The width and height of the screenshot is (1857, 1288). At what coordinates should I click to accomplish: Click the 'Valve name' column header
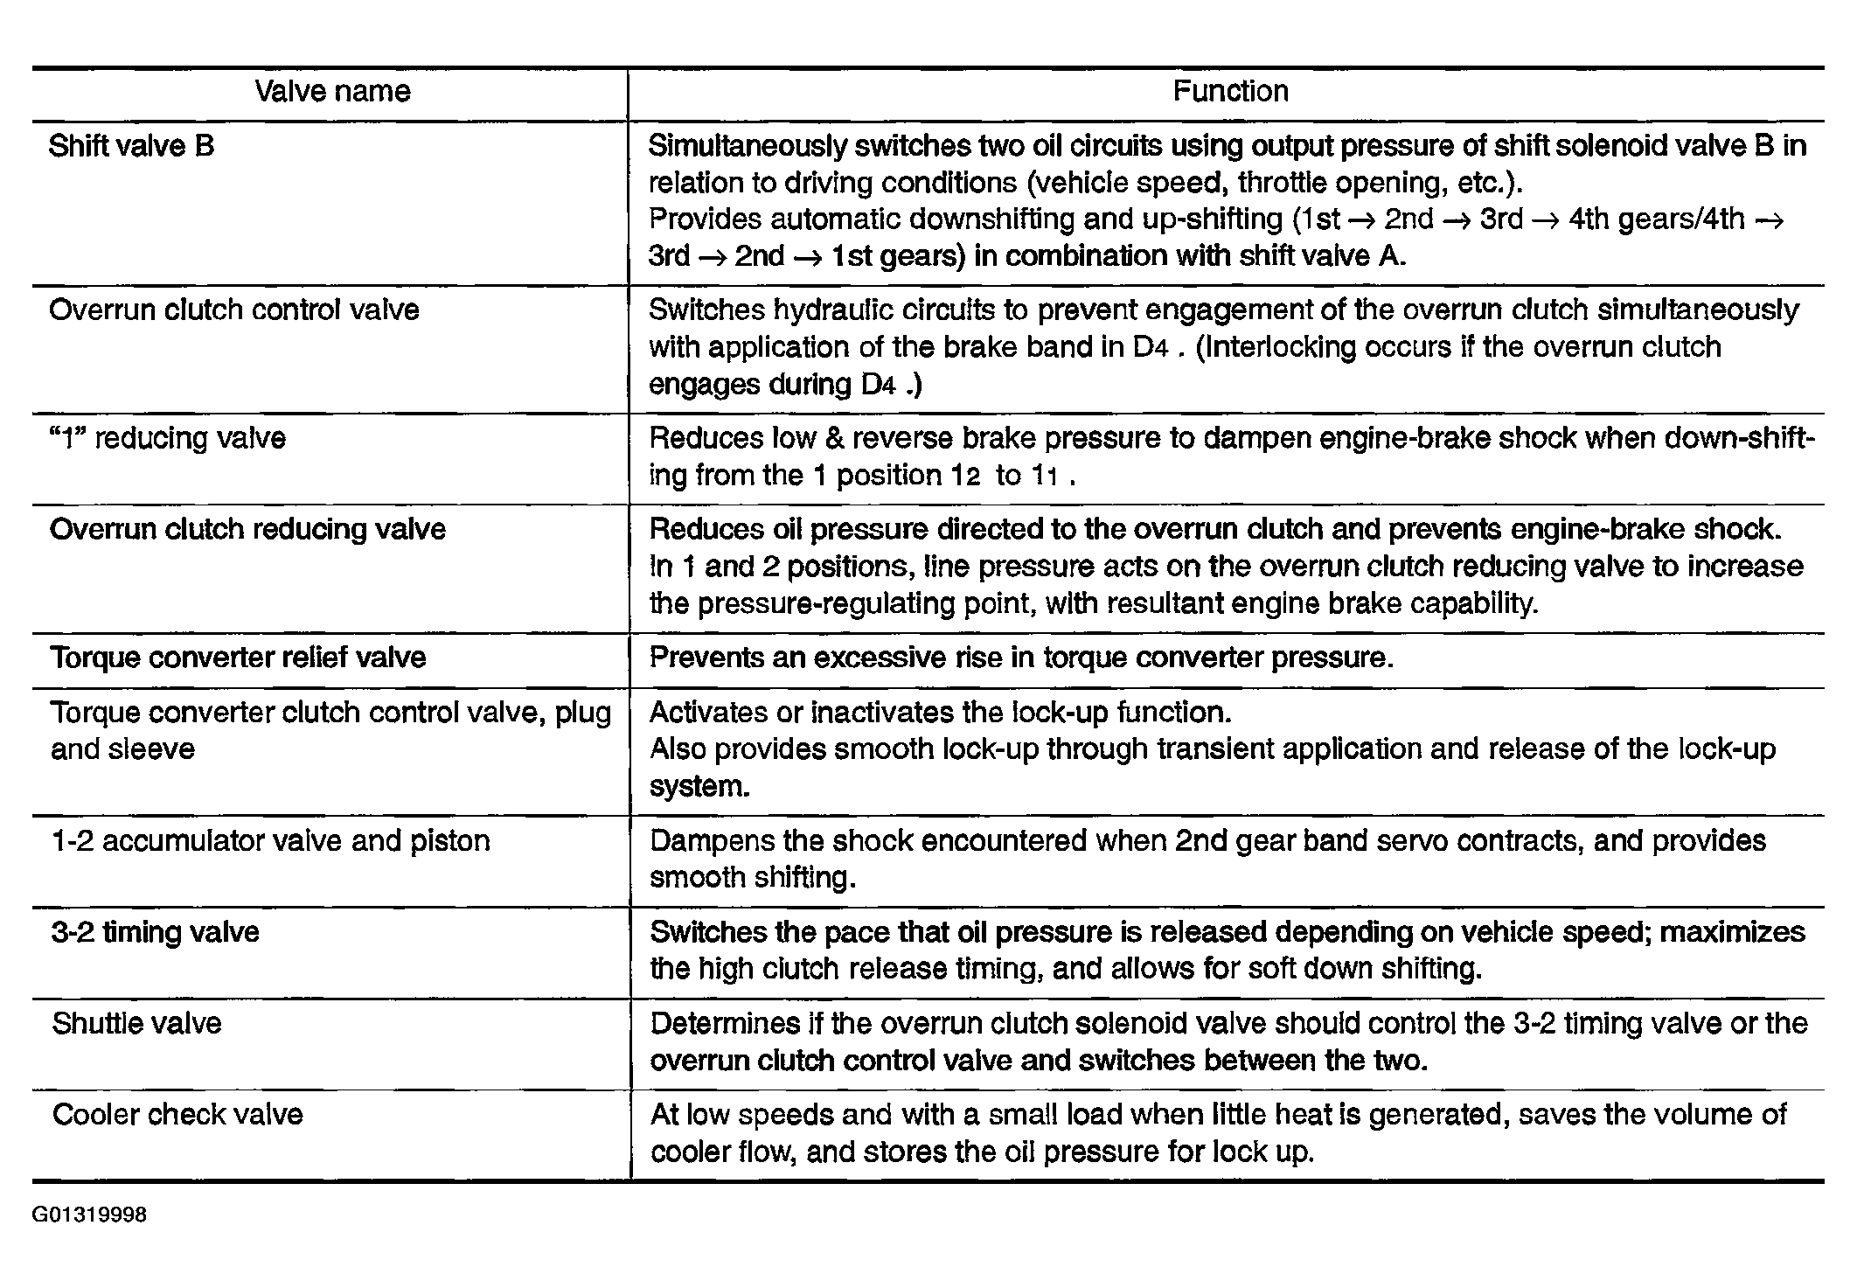click(332, 92)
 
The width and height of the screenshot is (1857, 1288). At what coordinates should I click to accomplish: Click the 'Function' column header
click(1230, 92)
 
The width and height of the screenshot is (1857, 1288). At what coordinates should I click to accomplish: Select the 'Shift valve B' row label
click(131, 146)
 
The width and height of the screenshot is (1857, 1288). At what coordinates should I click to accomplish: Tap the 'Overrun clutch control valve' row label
click(234, 310)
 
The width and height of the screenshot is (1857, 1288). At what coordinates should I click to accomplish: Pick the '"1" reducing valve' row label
click(168, 438)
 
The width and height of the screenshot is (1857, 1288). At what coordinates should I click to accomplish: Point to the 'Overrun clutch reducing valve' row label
click(248, 530)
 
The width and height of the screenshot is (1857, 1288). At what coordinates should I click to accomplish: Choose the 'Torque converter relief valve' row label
click(238, 658)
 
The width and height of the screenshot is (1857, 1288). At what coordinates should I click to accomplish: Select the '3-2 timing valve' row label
click(156, 932)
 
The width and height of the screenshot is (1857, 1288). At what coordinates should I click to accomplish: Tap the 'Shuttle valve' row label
click(137, 1024)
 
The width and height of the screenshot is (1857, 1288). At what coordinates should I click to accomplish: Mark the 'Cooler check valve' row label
click(177, 1115)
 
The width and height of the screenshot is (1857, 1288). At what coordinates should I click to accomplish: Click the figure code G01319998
click(89, 1215)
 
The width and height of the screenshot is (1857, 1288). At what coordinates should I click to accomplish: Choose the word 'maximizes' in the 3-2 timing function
click(1732, 932)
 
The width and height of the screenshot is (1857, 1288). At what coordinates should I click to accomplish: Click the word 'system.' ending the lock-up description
click(699, 787)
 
